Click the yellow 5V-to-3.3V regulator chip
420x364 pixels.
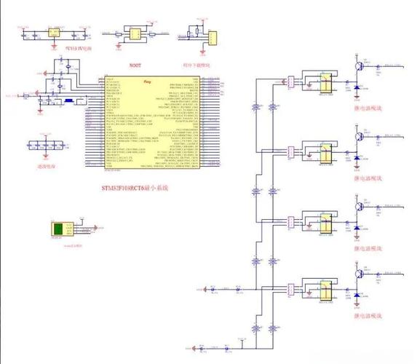[x=53, y=33]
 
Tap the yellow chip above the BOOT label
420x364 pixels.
[x=134, y=33]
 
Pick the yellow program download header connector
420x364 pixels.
[x=211, y=36]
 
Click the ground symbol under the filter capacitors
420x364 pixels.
[x=45, y=156]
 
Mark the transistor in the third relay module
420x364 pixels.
[x=358, y=206]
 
